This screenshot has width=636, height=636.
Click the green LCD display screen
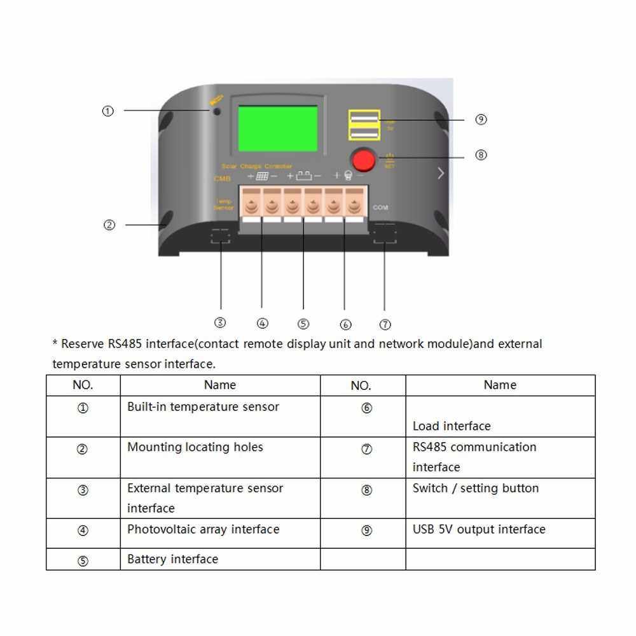277,128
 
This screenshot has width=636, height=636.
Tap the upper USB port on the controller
364,118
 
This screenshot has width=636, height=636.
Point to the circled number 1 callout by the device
108,111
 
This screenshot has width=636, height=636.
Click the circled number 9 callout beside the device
481,120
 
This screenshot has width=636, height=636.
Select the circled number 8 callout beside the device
481,155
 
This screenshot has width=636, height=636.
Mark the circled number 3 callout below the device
220,322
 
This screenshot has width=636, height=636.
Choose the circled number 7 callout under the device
385,324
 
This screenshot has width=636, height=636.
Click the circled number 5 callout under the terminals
303,324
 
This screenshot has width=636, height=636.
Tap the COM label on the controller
380,208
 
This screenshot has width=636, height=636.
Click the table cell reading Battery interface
172,559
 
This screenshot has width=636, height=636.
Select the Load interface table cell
452,425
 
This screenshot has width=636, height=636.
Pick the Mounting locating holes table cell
195,447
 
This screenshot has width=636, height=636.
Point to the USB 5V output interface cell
479,529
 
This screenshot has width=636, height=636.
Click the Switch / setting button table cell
475,488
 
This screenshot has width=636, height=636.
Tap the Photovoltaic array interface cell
203,529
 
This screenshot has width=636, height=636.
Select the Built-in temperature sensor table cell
203,406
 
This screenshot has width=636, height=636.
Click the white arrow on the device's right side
441,173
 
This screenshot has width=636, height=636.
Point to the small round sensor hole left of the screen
217,111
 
